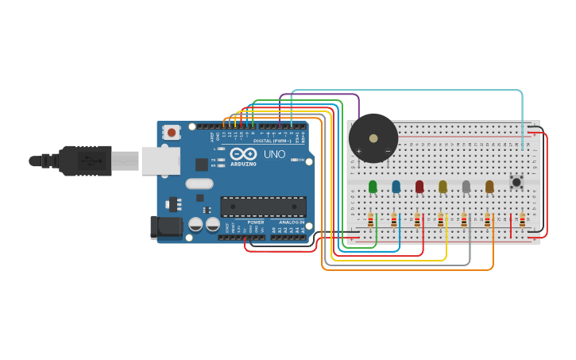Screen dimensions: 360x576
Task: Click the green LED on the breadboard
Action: (x=373, y=187)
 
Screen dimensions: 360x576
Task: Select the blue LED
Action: (x=396, y=187)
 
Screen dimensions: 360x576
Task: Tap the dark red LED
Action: (x=419, y=187)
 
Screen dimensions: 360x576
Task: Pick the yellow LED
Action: (x=443, y=187)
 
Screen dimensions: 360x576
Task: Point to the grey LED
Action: (x=466, y=187)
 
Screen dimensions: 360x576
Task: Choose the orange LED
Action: (x=489, y=187)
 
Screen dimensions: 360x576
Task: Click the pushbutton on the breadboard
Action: (x=516, y=182)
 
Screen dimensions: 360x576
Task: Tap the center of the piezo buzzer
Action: (x=373, y=138)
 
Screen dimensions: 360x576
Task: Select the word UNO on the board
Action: (x=274, y=154)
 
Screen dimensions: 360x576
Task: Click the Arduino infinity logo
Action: (x=244, y=153)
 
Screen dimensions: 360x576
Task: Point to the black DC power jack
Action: (x=166, y=227)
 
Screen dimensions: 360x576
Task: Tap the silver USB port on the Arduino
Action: (x=160, y=161)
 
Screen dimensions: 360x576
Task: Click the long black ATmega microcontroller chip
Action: (x=263, y=207)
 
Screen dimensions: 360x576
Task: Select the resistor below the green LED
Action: (x=370, y=220)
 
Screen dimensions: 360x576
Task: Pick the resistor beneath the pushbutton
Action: (x=522, y=220)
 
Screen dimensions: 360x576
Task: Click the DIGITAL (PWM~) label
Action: (x=272, y=141)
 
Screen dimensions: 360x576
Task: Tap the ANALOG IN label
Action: (x=291, y=223)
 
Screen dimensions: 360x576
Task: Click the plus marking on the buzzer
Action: (x=358, y=151)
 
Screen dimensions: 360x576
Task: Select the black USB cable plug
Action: (x=83, y=161)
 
